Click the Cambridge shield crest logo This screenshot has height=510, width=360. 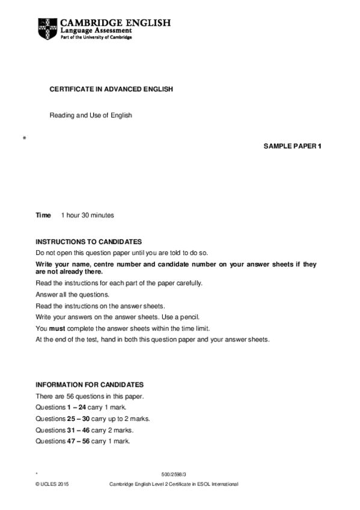[48, 27]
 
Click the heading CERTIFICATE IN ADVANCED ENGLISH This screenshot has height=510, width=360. [111, 89]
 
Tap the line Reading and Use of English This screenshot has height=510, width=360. [90, 115]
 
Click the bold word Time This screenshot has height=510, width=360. [43, 215]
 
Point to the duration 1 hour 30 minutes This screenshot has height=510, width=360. [87, 215]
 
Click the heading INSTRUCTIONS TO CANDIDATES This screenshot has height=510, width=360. [89, 241]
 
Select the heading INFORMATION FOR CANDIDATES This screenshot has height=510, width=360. [90, 384]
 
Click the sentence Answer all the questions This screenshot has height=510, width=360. [73, 295]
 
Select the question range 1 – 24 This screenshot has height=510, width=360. [79, 407]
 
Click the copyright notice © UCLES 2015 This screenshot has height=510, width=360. [53, 484]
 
